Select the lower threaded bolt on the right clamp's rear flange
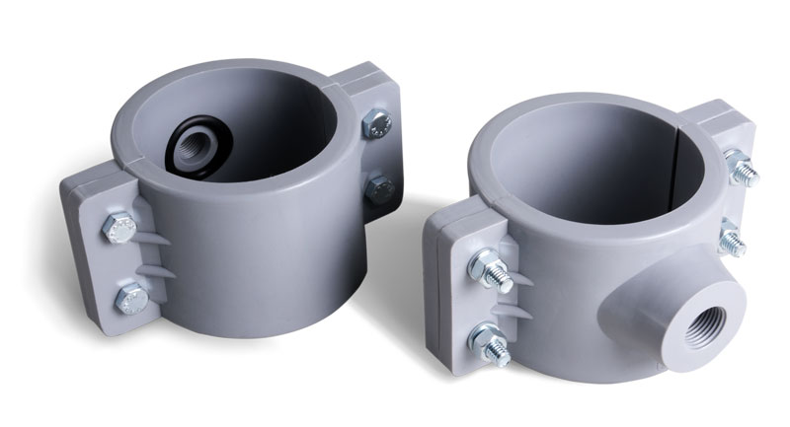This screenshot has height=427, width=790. (732, 240)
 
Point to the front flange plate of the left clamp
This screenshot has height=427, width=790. (99, 261)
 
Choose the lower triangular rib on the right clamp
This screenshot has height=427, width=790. (517, 314)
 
